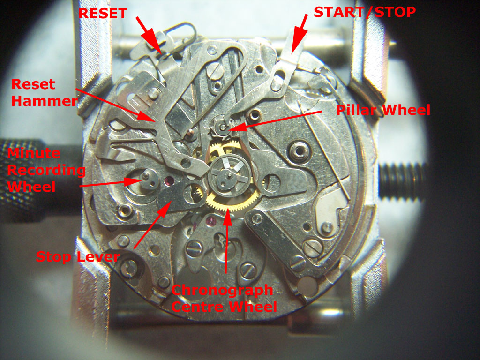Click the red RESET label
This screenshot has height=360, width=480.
click(x=103, y=14)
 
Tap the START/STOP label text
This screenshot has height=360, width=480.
click(x=365, y=12)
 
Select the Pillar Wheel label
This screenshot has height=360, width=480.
click(x=383, y=110)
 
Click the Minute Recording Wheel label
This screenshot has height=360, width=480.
click(x=46, y=170)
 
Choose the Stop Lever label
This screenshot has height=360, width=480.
click(x=77, y=256)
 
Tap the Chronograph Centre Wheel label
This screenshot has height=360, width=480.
click(x=224, y=298)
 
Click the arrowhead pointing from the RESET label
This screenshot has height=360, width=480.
click(x=156, y=46)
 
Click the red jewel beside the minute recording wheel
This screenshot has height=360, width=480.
click(x=169, y=181)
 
